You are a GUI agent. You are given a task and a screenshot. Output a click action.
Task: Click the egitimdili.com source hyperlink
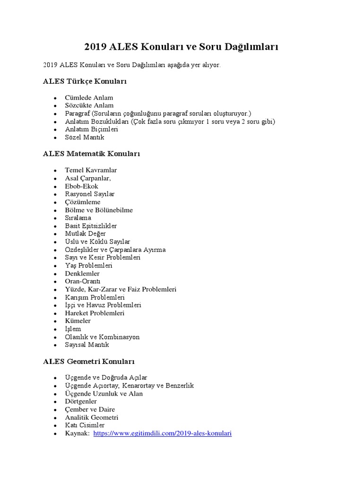tap(163, 433)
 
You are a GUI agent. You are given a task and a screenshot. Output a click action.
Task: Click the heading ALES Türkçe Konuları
tap(85, 81)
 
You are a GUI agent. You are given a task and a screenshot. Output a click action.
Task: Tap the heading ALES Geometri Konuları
tap(89, 362)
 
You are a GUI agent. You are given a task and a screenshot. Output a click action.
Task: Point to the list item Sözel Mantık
tap(85, 137)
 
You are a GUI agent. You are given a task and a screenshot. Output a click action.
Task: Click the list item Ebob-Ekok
tap(82, 186)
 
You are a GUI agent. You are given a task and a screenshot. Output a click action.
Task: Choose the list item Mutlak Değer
tap(86, 233)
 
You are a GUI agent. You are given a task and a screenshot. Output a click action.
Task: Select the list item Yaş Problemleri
tap(89, 265)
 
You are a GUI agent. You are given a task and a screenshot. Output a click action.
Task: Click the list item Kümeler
tap(78, 321)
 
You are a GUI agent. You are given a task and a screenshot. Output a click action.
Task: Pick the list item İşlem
tap(73, 329)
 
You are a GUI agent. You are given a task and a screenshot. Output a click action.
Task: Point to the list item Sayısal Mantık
tap(87, 345)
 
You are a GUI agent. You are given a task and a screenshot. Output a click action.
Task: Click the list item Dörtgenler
tap(81, 401)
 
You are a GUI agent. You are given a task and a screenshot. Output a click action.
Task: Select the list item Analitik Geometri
tap(92, 417)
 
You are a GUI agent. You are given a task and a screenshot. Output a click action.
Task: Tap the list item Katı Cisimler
tap(85, 425)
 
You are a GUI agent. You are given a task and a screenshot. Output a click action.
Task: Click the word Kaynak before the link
tap(77, 433)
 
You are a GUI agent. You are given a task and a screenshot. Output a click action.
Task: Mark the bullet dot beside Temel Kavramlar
tap(55, 170)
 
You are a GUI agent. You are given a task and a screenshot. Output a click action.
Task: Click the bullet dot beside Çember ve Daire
tap(55, 410)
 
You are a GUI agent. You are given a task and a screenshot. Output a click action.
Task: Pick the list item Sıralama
tap(78, 217)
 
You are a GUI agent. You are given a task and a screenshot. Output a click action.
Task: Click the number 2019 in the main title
tap(95, 47)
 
